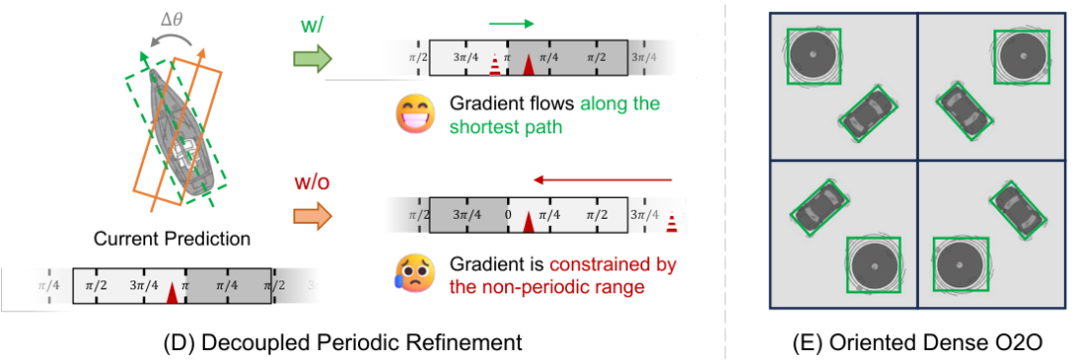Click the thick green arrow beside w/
click(312, 59)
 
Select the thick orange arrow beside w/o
click(312, 215)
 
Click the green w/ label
click(311, 26)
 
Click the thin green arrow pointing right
click(511, 25)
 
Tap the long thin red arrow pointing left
click(604, 180)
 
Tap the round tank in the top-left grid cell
click(813, 55)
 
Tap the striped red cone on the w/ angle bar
click(494, 66)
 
